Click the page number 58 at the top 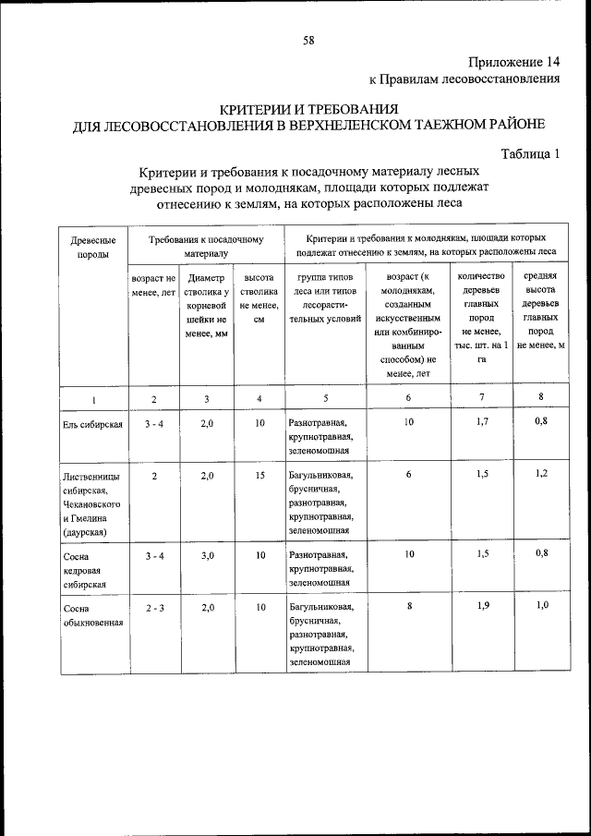(308, 40)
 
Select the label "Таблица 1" (531, 153)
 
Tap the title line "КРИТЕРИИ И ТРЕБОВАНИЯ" (308, 108)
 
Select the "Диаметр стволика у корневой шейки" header (207, 306)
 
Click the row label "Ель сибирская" (93, 423)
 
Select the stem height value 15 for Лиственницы (260, 474)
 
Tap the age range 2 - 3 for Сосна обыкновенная (154, 607)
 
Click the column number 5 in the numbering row (326, 398)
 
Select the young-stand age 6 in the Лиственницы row (407, 474)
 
